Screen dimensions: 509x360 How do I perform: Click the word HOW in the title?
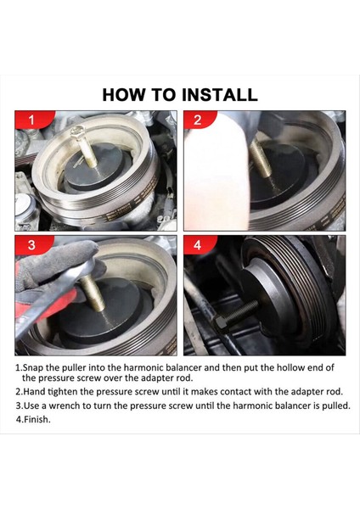tap(125, 94)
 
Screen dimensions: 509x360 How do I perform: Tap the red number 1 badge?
tap(31, 120)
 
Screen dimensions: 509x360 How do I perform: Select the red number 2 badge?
tap(199, 120)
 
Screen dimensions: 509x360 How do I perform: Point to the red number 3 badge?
tap(31, 246)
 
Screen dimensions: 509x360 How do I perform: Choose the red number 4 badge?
tap(199, 246)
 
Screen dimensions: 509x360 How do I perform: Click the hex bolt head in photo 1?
tap(77, 134)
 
